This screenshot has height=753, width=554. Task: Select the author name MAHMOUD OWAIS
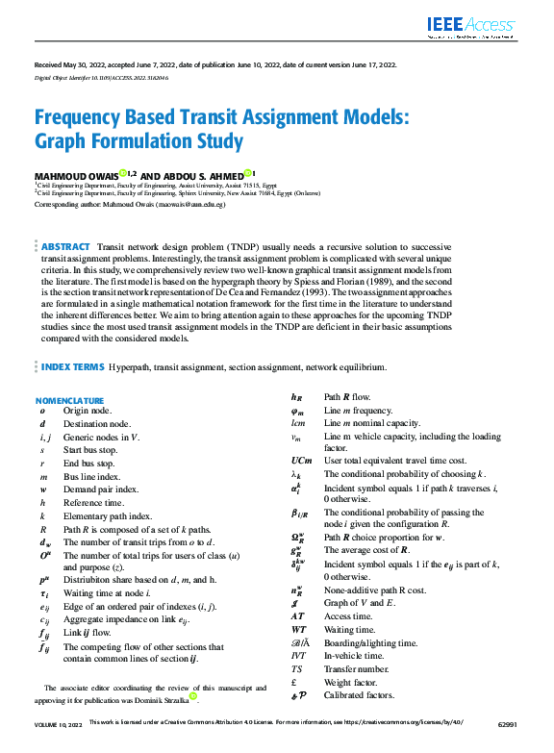pos(76,175)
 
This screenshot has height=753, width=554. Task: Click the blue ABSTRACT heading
pos(66,247)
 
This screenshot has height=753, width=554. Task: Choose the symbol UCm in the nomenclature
pos(301,461)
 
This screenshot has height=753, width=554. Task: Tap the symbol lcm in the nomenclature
pos(298,423)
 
